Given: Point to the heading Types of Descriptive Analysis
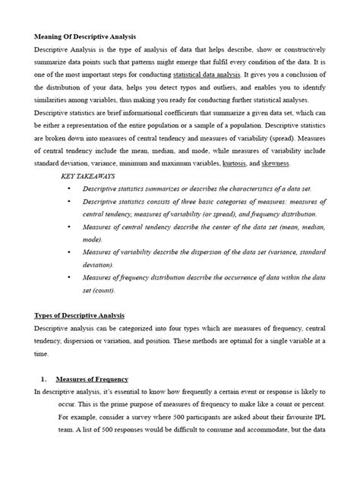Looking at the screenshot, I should pyautogui.click(x=80, y=315).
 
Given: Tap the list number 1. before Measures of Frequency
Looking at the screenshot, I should pyautogui.click(x=44, y=379).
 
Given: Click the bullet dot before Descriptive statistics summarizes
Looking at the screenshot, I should pyautogui.click(x=69, y=188).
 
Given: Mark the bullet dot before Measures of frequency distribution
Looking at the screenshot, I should pyautogui.click(x=69, y=278).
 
